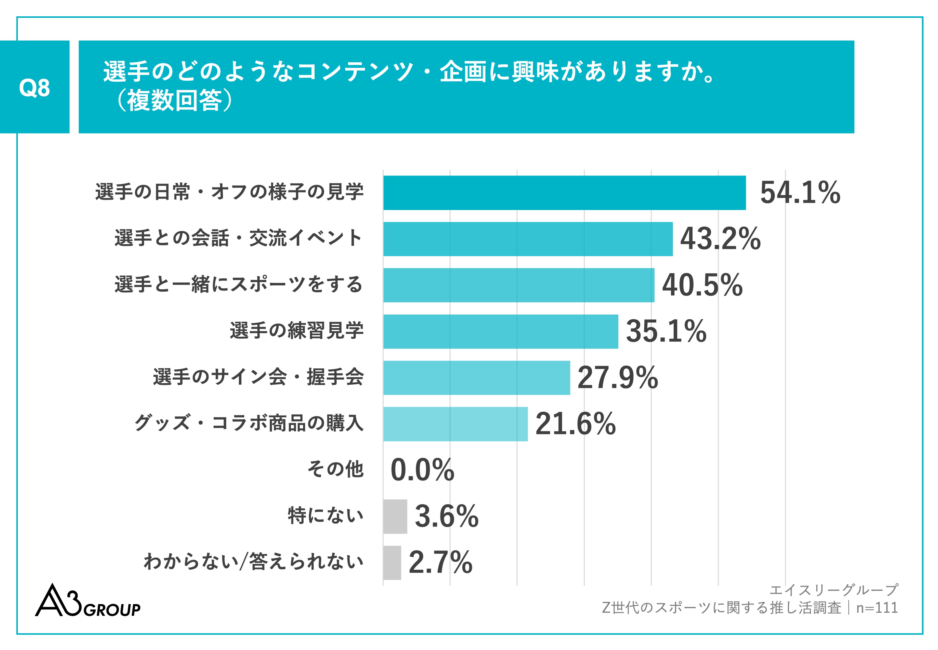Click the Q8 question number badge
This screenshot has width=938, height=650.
[35, 87]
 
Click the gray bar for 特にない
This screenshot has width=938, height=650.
[395, 516]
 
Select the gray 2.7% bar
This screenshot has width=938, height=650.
[392, 562]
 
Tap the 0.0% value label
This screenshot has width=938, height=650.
[422, 470]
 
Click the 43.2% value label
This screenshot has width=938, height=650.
[720, 239]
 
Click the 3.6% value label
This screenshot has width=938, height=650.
[446, 516]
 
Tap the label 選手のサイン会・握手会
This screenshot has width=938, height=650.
[258, 377]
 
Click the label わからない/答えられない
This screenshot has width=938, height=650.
[253, 562]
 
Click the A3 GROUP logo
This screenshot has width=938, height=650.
[87, 602]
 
